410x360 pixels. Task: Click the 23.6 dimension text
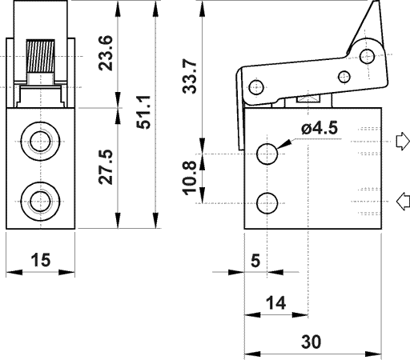(105, 54)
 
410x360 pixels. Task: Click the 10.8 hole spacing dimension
(190, 178)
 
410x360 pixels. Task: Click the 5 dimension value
(255, 260)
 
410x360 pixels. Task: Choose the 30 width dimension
(312, 342)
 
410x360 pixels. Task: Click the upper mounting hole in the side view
(268, 153)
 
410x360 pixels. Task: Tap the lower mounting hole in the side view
(268, 202)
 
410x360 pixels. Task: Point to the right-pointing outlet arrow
(402, 142)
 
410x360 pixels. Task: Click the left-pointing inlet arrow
(402, 201)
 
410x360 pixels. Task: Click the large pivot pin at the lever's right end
(368, 57)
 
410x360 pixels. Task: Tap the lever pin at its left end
(255, 86)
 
